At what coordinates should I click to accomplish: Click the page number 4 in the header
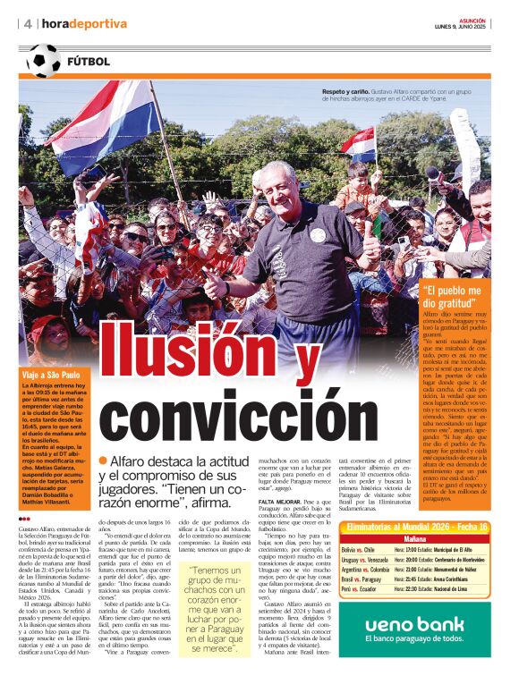pos(29,23)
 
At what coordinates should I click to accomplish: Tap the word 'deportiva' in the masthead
pos(99,23)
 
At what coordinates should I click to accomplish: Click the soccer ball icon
pos(45,61)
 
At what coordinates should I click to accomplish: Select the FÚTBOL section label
pos(89,62)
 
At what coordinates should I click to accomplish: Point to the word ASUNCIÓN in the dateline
pos(472,19)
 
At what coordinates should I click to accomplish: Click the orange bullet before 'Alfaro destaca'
pos(104,460)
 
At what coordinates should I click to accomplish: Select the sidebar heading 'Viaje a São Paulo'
pos(52,375)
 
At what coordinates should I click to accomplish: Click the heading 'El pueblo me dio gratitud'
pos(456,296)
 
